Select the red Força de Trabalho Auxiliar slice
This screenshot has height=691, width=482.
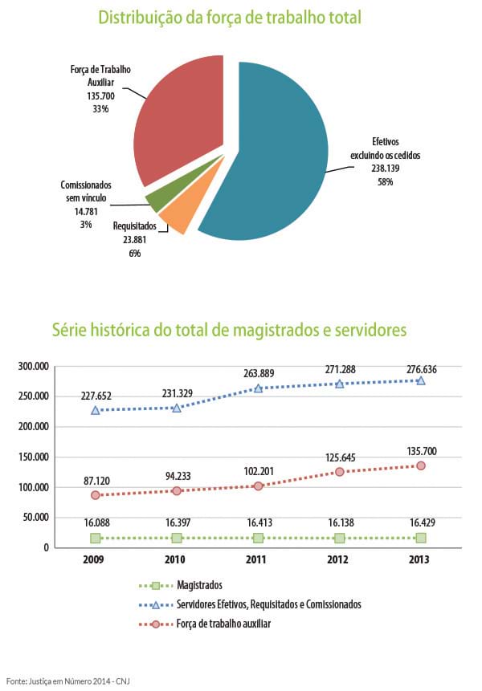177,120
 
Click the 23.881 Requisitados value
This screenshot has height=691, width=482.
134,240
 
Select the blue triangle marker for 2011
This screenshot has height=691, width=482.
258,388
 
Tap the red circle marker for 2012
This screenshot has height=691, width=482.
339,472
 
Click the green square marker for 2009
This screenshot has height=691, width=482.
96,538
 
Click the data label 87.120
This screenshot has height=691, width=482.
96,479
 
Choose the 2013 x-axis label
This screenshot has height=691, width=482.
419,559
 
